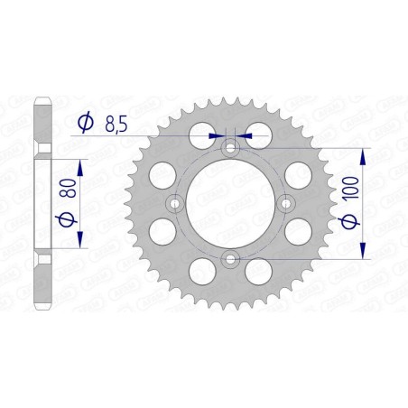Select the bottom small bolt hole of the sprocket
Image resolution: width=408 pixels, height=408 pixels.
(x=230, y=261)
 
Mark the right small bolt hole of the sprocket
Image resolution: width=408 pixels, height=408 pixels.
(x=287, y=204)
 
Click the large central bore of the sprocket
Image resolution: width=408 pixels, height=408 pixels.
(x=230, y=204)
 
